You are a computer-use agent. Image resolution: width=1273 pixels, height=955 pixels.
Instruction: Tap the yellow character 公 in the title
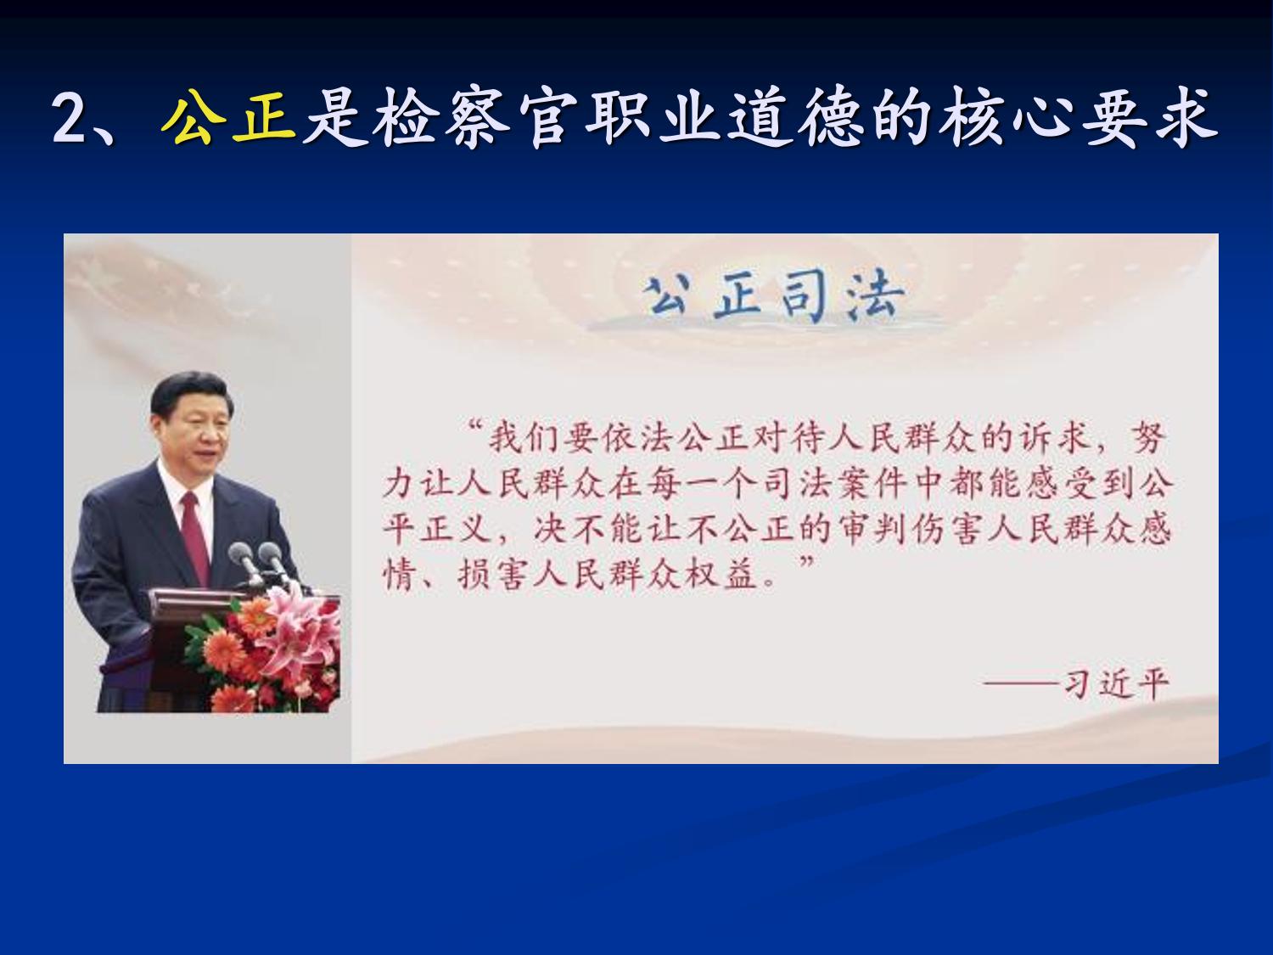194,120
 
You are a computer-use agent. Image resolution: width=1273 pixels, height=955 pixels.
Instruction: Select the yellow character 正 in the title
265,120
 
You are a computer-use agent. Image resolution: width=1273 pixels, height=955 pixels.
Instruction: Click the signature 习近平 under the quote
1116,685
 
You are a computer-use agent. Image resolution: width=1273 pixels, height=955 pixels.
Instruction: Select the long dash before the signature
1023,685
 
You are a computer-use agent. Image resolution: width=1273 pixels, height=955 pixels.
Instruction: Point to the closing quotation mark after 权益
806,562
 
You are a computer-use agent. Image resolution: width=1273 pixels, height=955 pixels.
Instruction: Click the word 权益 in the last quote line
721,574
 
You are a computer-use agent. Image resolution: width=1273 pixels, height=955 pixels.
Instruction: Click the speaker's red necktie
196,536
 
